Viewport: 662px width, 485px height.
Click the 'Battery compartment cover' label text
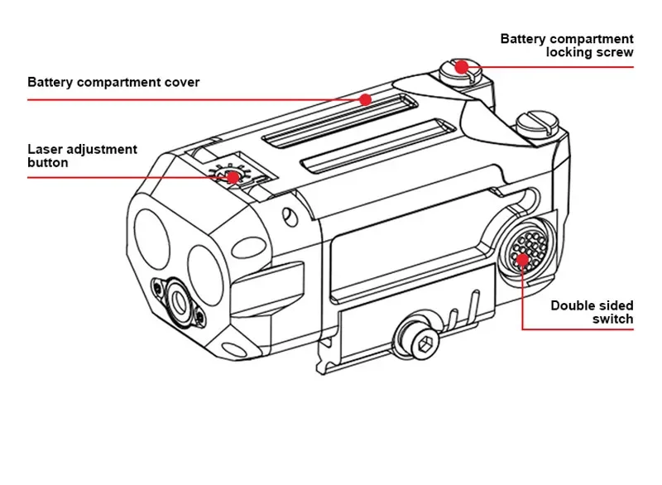[113, 83]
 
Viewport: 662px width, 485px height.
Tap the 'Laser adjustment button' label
[82, 156]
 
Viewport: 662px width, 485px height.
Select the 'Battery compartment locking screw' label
[567, 46]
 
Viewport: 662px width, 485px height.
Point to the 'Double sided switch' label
[592, 312]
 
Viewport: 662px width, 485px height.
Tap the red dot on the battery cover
[365, 98]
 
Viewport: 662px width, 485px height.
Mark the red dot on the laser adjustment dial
[233, 176]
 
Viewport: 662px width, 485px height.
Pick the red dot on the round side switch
[523, 259]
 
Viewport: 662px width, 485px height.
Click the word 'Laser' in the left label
[46, 150]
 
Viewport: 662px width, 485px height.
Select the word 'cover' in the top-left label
[180, 83]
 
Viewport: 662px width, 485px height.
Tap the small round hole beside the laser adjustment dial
[288, 217]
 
